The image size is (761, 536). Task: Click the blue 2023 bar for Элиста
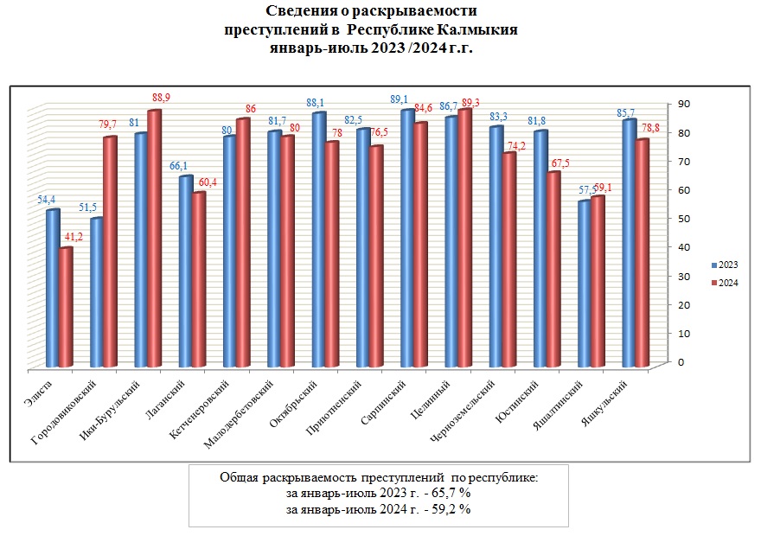click(x=53, y=289)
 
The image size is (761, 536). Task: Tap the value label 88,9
click(x=161, y=99)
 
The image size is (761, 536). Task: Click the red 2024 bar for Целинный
click(x=464, y=239)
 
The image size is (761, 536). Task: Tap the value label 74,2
click(x=517, y=146)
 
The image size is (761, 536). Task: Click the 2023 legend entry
click(x=726, y=265)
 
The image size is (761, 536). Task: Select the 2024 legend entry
click(x=726, y=283)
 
